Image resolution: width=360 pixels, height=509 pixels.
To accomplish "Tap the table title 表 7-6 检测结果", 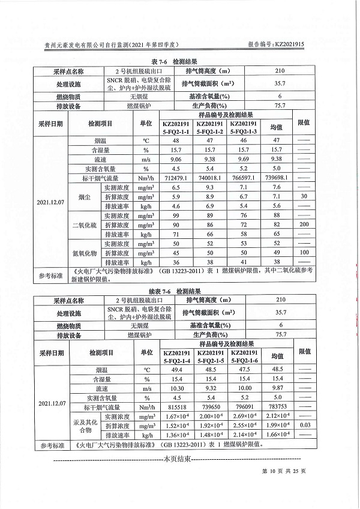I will [x=179, y=62].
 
